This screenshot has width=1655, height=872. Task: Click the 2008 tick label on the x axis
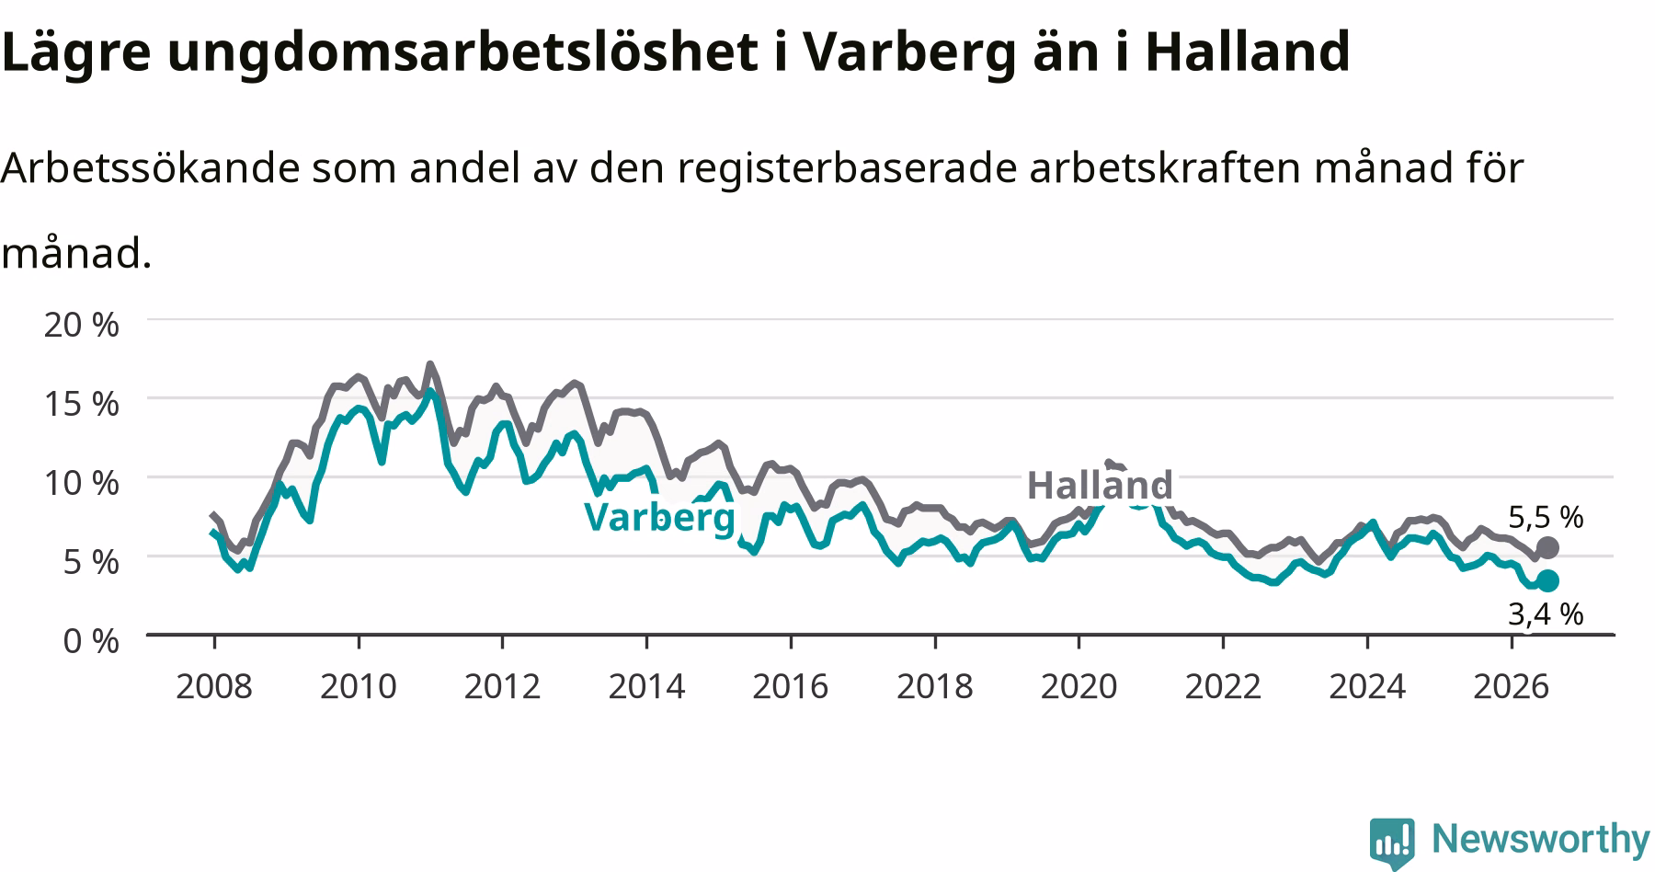click(213, 686)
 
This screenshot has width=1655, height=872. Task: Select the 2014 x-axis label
click(646, 686)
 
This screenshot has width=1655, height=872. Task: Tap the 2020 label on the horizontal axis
click(1079, 686)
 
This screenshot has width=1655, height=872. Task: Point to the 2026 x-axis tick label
click(1512, 686)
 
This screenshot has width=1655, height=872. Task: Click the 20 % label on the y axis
click(82, 325)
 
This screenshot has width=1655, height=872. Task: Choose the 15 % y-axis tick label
click(82, 404)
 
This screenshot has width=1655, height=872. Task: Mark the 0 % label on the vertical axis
click(91, 641)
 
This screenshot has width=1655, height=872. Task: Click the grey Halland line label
click(1100, 485)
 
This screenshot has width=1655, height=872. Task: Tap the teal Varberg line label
click(660, 518)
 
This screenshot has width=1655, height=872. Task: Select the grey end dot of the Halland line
click(1547, 548)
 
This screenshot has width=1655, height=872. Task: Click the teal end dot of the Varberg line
click(1547, 580)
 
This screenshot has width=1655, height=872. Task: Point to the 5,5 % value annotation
click(1546, 517)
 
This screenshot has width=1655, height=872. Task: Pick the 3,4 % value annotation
click(1546, 614)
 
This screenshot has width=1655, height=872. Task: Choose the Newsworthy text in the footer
click(1541, 840)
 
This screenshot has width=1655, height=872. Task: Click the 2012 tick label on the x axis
click(502, 686)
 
